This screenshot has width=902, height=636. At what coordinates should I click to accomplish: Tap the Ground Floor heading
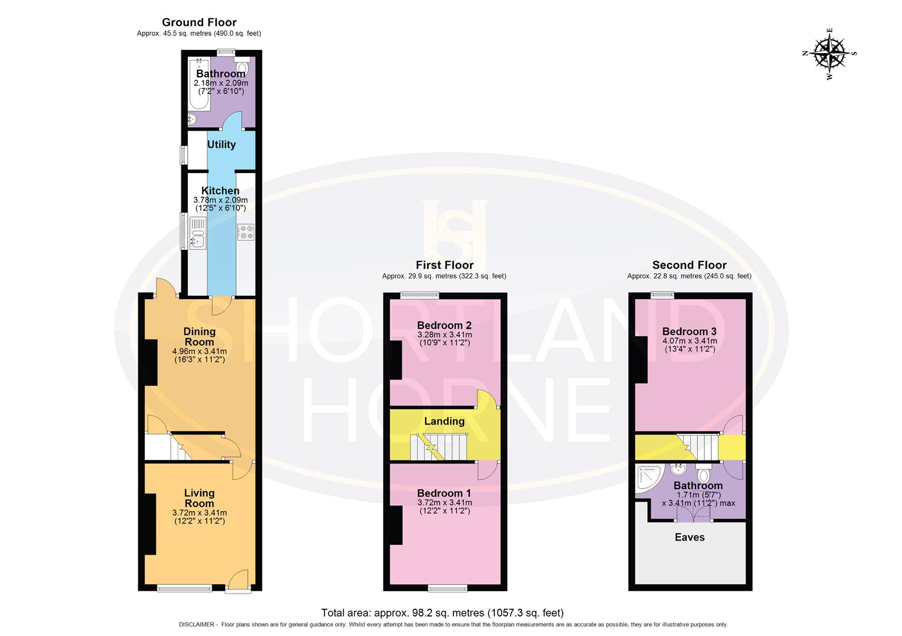(199, 22)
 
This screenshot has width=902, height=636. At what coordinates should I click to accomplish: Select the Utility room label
(221, 144)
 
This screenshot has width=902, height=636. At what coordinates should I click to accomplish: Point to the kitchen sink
(197, 233)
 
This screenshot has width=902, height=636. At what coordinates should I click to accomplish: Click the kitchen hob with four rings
(246, 232)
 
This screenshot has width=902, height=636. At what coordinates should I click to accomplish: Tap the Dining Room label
(199, 336)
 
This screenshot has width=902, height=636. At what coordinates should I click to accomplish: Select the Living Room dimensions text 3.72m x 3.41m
(199, 513)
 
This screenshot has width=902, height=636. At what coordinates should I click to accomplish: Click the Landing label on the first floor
(444, 421)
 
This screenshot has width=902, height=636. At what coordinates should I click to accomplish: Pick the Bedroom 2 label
(444, 325)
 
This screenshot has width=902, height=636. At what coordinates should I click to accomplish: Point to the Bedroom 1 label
(444, 493)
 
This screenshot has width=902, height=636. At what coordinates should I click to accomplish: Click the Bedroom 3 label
(689, 331)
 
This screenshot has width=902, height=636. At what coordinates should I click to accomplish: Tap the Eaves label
(689, 537)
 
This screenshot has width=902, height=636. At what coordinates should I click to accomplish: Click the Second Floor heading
(689, 265)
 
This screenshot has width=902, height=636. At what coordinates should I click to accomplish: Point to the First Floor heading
(445, 265)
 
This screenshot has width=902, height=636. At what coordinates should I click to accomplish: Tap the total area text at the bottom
(442, 613)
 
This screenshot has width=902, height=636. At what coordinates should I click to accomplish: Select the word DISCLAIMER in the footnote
(197, 624)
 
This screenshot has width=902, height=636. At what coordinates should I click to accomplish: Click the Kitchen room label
(220, 191)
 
